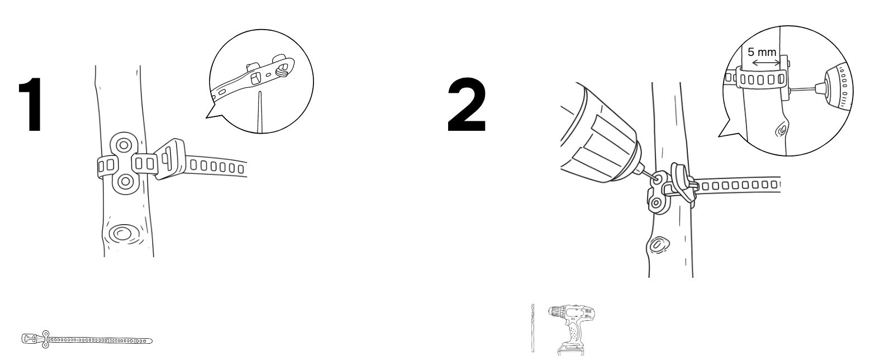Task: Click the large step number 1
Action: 31,105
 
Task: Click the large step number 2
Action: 467,105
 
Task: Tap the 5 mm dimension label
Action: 762,52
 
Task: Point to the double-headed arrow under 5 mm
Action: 764,63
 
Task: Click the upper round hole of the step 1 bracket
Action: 123,145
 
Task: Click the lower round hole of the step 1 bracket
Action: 125,181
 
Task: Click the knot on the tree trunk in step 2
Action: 657,244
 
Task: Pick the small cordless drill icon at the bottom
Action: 572,329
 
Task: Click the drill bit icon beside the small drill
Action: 532,328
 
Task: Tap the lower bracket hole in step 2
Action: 656,203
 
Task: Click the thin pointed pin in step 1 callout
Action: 260,112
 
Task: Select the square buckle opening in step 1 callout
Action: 255,78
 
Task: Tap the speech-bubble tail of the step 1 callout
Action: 214,112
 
